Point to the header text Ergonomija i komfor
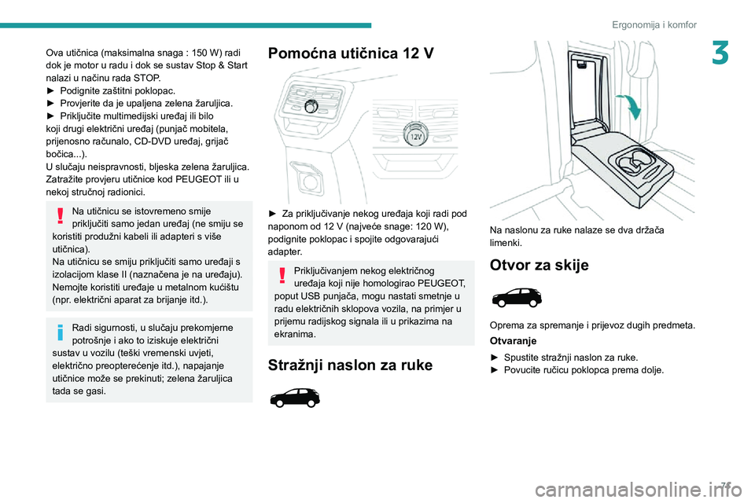point(654,24)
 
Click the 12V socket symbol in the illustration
point(416,137)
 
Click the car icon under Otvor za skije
point(516,298)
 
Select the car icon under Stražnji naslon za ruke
point(294,398)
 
